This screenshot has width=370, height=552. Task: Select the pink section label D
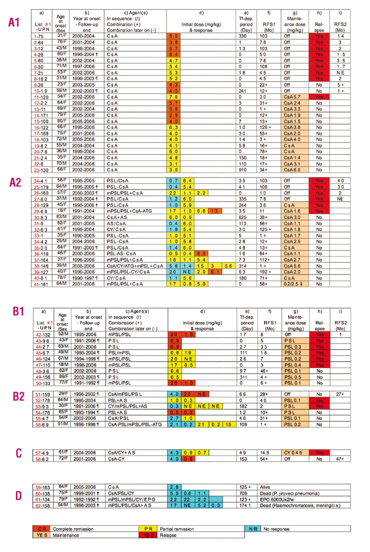coord(18,496)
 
